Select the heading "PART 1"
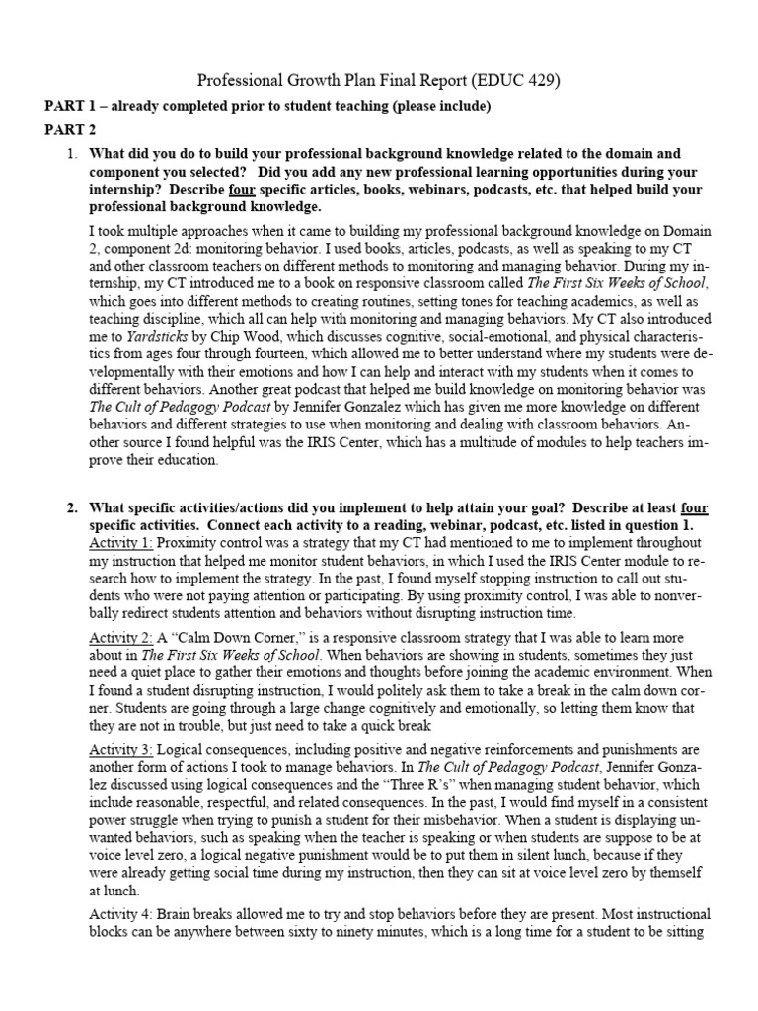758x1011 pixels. (73, 106)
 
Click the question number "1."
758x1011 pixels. (71, 154)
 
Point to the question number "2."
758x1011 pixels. (71, 508)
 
